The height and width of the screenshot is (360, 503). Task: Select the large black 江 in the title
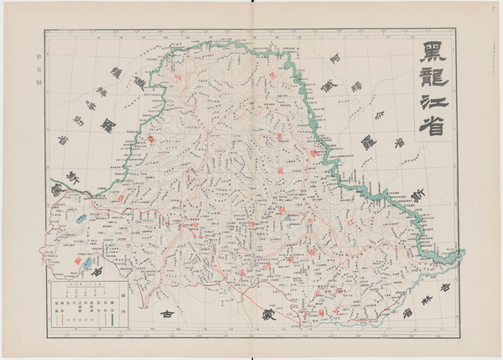[x=433, y=109]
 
